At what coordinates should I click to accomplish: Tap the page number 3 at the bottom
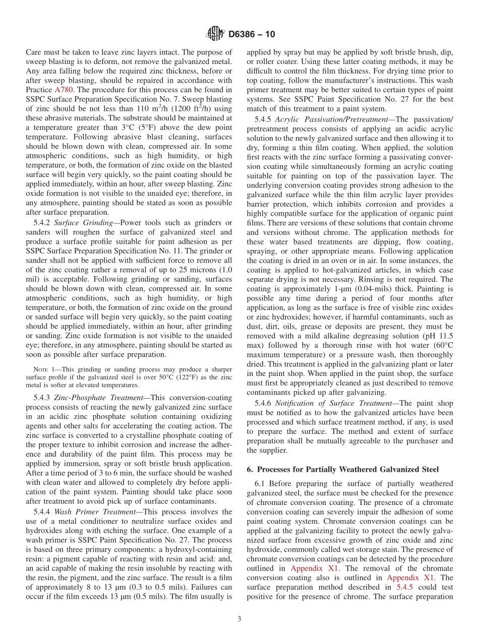pyautogui.click(x=239, y=619)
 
